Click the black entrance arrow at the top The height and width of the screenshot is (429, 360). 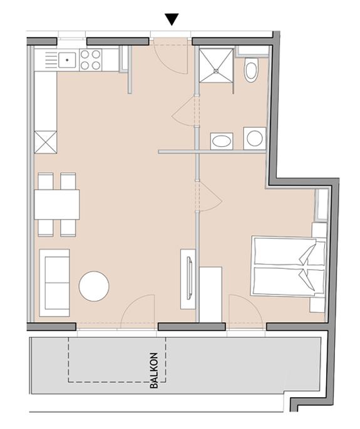(x=172, y=20)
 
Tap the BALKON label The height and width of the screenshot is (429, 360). (x=155, y=374)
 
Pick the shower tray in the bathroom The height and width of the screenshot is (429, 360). (x=216, y=64)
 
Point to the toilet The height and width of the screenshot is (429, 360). (x=251, y=70)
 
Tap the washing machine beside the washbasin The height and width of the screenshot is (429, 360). (x=254, y=138)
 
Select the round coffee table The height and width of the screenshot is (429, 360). (x=94, y=286)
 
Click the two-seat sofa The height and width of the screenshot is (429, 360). (x=54, y=282)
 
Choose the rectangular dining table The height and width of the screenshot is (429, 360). (x=57, y=204)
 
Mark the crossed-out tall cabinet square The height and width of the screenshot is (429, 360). (x=46, y=141)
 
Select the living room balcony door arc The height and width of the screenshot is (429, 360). (x=138, y=311)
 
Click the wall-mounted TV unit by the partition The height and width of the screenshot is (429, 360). (x=188, y=278)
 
